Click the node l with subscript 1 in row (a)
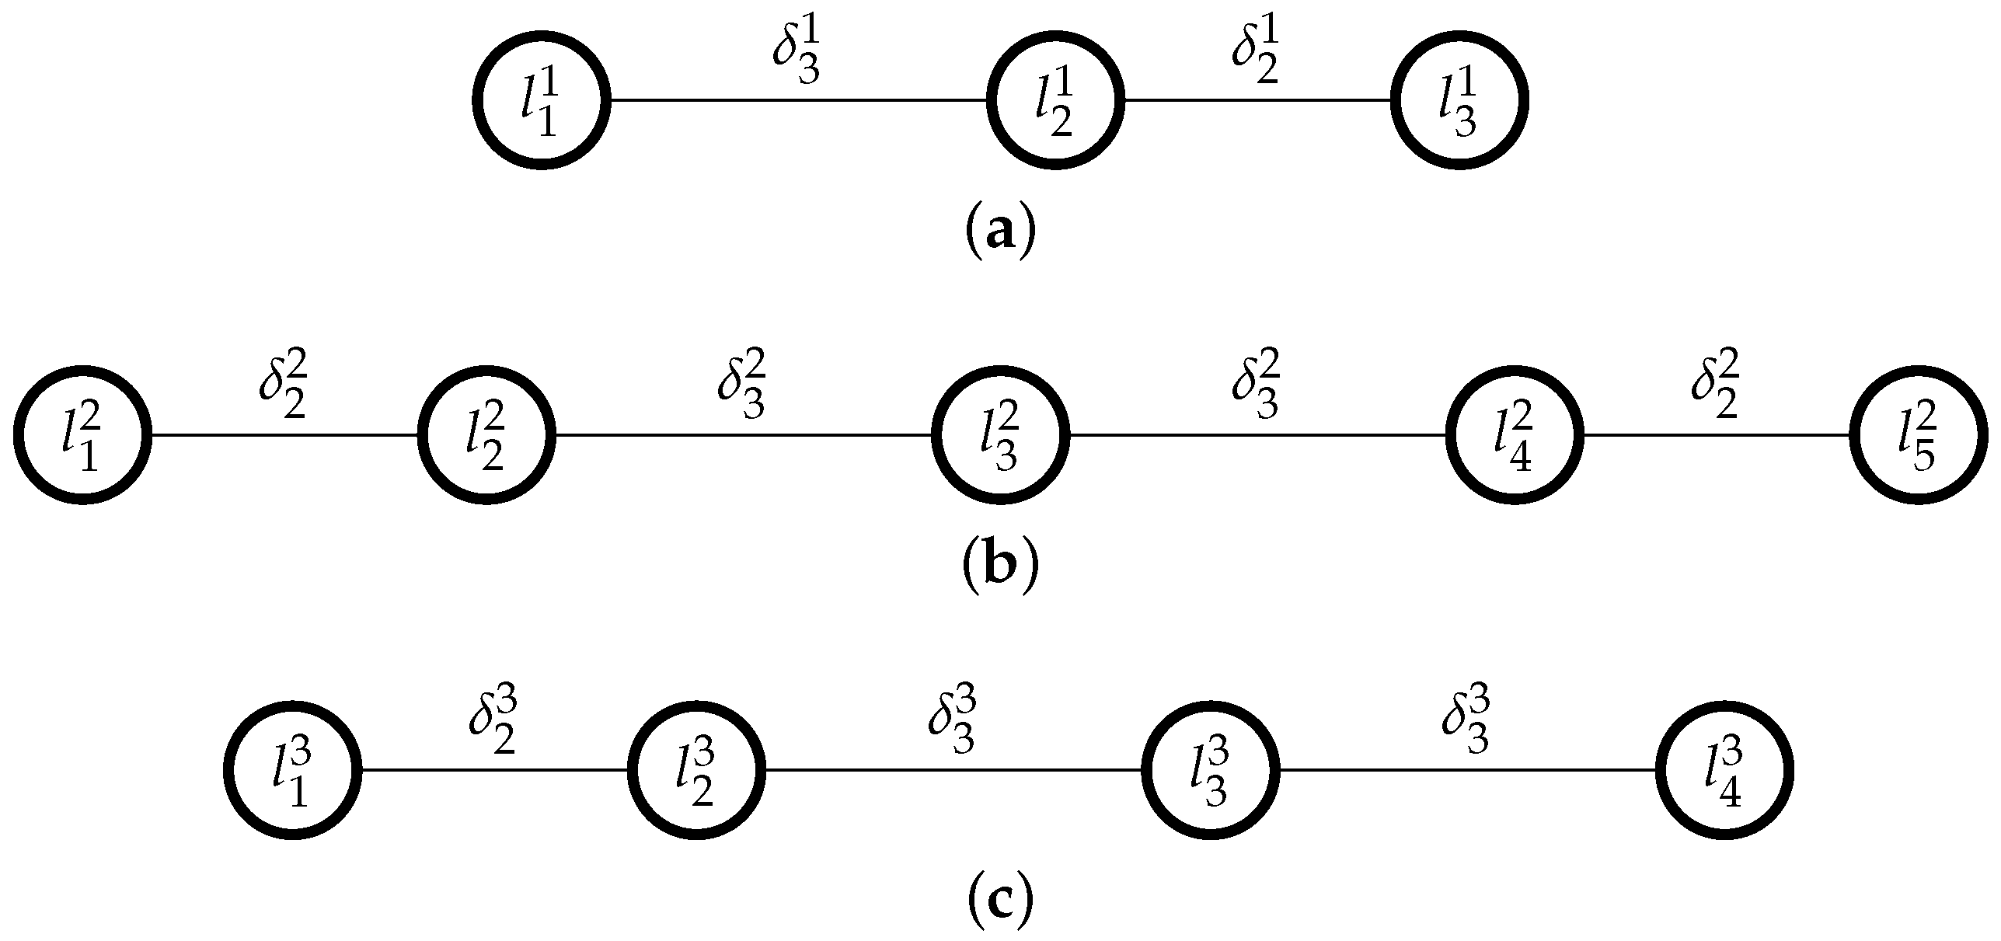tap(542, 99)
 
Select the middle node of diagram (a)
tap(1055, 99)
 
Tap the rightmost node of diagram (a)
tap(1459, 99)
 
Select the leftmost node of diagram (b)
tap(82, 434)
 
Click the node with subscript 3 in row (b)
tap(1000, 434)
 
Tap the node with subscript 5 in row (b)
tap(1918, 434)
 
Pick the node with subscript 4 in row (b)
tap(1514, 434)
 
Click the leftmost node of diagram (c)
tap(292, 769)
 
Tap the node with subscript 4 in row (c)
tap(1724, 769)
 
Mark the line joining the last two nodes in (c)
tap(1467, 769)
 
